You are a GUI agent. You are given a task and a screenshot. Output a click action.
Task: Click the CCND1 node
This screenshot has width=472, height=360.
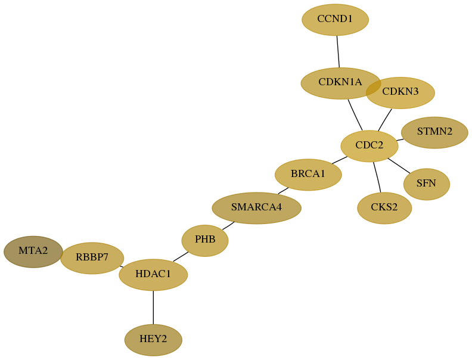[x=335, y=20]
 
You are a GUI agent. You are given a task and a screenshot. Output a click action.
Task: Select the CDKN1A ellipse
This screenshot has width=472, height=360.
[x=341, y=83]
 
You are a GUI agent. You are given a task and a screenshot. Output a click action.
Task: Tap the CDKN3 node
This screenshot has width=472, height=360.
[x=400, y=93]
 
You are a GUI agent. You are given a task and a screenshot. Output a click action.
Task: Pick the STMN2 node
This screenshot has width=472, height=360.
[x=434, y=132]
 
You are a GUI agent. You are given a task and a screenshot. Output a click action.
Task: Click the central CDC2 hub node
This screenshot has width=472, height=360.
[x=369, y=146]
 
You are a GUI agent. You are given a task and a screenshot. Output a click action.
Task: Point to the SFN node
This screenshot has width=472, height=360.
[x=427, y=184]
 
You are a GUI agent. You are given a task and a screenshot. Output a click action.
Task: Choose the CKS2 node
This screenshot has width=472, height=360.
[x=384, y=208]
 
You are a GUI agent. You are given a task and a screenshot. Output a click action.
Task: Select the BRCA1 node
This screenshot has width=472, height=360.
[x=308, y=175]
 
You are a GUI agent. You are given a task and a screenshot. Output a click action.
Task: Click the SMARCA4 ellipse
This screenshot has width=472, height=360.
[x=256, y=208]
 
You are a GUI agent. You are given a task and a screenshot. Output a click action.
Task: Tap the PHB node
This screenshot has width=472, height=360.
[x=205, y=241]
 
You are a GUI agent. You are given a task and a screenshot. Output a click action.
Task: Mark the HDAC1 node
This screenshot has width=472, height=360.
[x=153, y=275]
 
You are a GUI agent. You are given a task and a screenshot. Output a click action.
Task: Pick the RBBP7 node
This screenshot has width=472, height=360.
[x=92, y=258]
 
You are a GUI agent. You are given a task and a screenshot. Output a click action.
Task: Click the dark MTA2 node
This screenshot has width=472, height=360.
[x=33, y=252]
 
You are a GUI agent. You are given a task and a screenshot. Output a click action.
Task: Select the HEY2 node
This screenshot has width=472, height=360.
[x=153, y=340]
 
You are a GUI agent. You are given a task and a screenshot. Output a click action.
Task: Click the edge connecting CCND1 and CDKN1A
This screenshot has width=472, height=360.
[x=338, y=52]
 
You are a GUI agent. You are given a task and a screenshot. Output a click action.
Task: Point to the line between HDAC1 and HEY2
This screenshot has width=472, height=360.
[x=153, y=308]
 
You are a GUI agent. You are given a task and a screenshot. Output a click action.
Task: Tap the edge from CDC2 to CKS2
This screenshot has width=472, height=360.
[x=377, y=177]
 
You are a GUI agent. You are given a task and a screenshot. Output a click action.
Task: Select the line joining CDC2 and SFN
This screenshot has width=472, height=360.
[x=399, y=166]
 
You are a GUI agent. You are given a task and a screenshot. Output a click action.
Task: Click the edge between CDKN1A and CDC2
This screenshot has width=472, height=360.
[x=355, y=115]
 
